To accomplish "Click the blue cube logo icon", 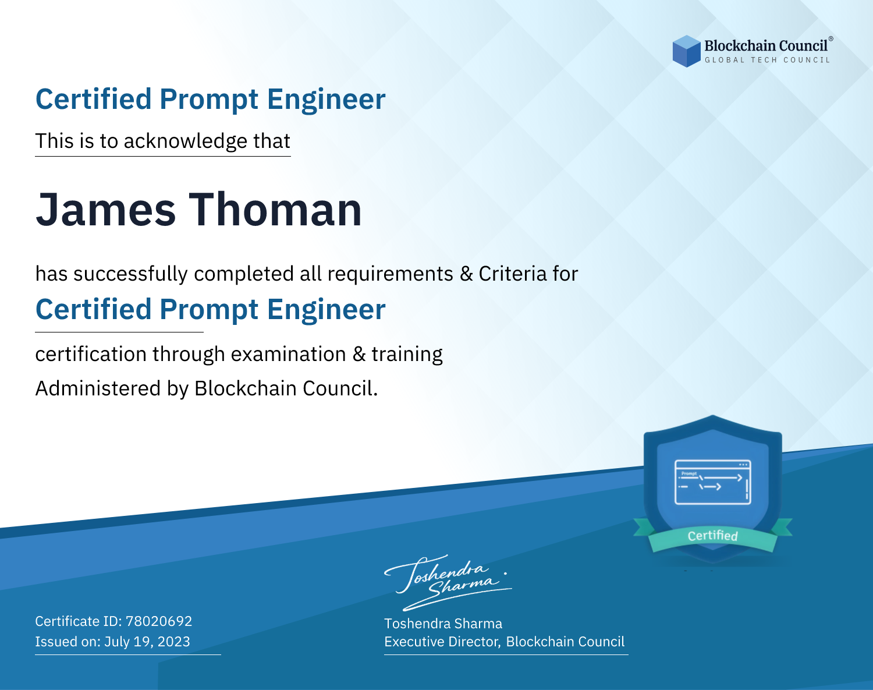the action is click(x=686, y=51).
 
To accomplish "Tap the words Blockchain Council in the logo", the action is click(x=766, y=45).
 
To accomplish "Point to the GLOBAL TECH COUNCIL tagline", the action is click(x=767, y=60).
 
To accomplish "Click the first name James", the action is click(x=106, y=210).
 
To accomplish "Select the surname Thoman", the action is click(x=275, y=210).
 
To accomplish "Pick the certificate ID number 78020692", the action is click(x=159, y=621).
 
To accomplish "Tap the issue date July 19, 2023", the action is click(x=147, y=641).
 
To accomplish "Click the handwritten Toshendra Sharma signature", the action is click(x=448, y=582).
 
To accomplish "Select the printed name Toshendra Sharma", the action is click(x=443, y=624).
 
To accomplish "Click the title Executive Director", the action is click(x=441, y=642).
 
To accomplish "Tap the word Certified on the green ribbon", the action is click(x=713, y=536).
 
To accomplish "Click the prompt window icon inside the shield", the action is click(x=713, y=482).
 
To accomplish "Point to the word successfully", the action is click(x=130, y=274).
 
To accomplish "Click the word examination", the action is click(x=288, y=354).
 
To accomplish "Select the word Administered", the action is click(x=98, y=388).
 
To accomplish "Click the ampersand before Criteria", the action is click(x=466, y=274).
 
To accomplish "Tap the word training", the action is click(x=407, y=355).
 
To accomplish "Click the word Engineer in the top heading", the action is click(x=326, y=100).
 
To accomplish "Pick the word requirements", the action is click(x=391, y=274).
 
